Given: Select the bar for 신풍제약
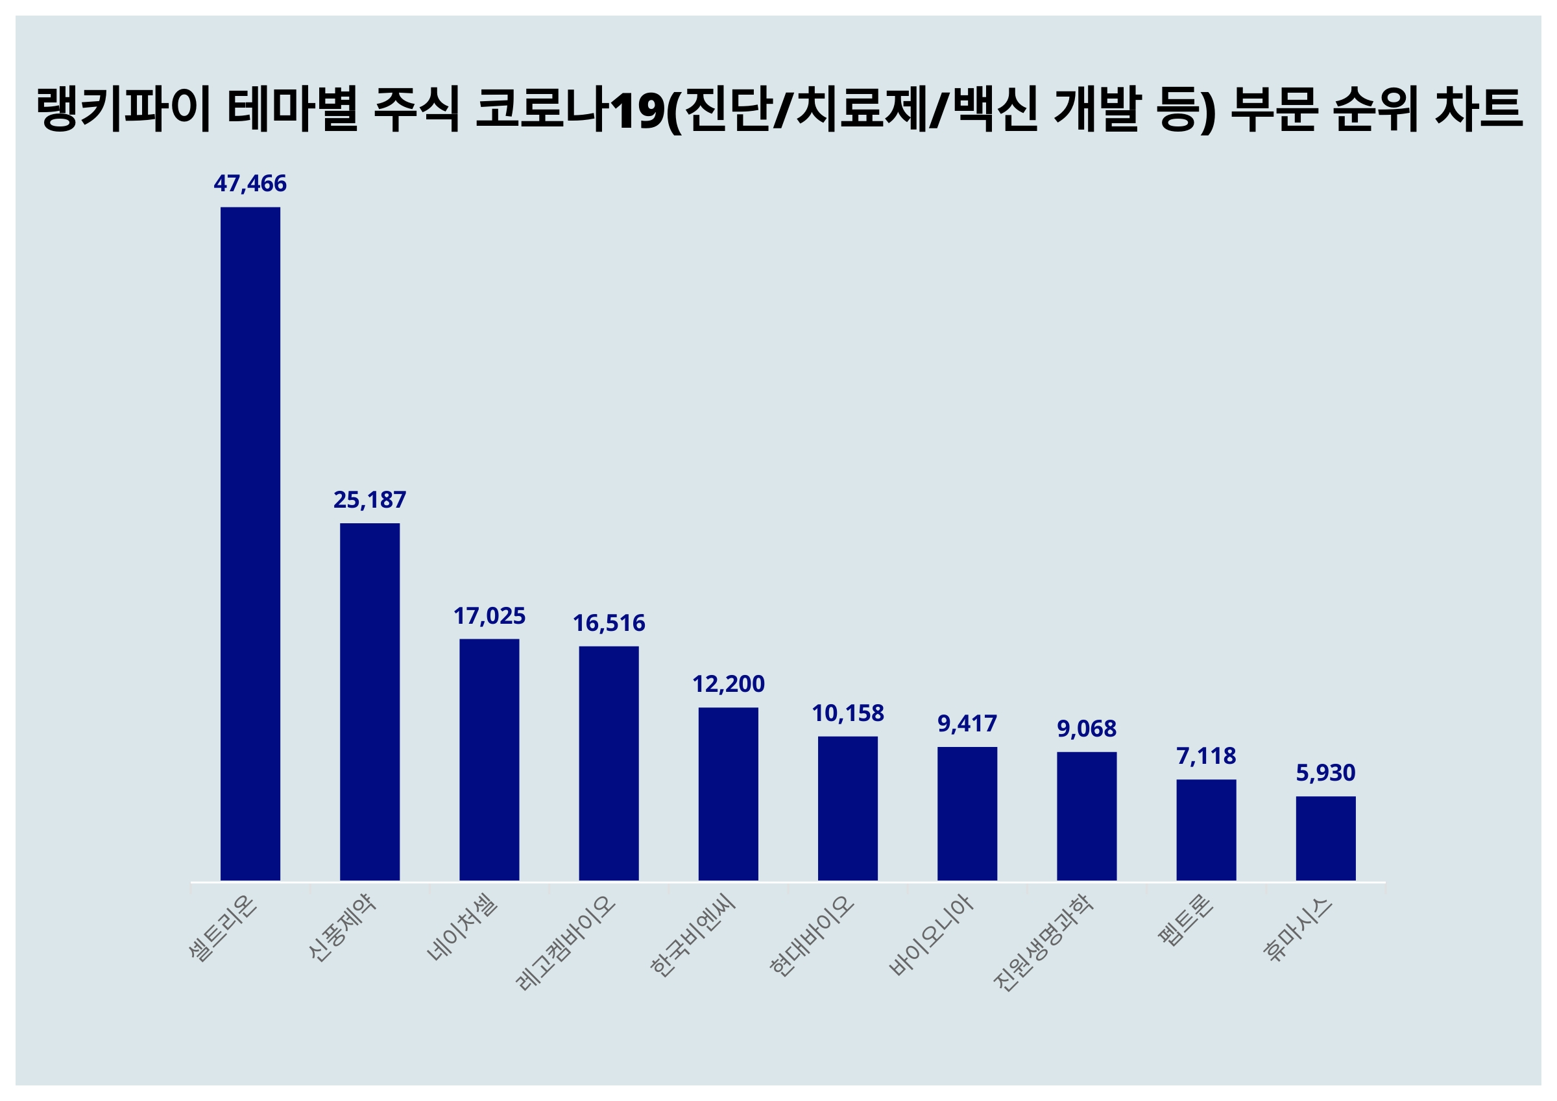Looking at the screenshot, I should click(x=370, y=702).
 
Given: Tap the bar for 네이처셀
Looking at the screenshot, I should click(x=489, y=759).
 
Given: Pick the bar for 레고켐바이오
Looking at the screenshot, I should click(x=609, y=763).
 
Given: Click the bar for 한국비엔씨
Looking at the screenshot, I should click(x=729, y=794).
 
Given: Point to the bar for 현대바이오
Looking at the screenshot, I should click(x=848, y=808).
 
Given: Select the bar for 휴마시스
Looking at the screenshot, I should click(x=1326, y=838).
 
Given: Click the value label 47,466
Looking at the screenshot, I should click(x=250, y=184).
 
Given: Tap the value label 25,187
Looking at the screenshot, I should click(x=370, y=500).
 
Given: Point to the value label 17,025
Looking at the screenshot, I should click(x=489, y=615).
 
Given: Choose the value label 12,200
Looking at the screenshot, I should click(x=729, y=684).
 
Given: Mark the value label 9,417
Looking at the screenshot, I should click(x=967, y=724).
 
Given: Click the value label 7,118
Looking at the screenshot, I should click(x=1206, y=756).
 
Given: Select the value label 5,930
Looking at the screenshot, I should click(x=1326, y=773).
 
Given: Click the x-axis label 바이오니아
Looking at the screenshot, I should click(x=932, y=936).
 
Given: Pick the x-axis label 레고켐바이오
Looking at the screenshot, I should click(x=566, y=943).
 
